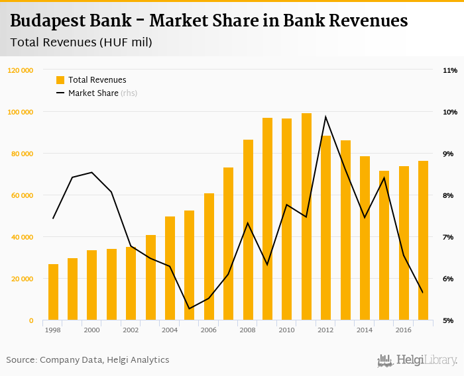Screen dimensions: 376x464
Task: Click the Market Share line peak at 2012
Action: (x=325, y=117)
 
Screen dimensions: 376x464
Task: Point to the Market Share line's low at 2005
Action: (x=190, y=308)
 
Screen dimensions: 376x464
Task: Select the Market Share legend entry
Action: (x=95, y=93)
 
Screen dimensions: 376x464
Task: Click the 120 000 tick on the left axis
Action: (x=21, y=70)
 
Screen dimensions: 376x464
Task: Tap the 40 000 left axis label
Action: (x=22, y=237)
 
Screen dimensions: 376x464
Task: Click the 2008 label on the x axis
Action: (x=248, y=330)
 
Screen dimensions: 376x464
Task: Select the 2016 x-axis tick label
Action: (x=403, y=330)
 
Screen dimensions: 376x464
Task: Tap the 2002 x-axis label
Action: (x=131, y=330)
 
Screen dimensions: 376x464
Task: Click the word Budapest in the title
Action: (x=51, y=21)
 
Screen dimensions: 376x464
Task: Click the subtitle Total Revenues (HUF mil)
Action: (x=81, y=43)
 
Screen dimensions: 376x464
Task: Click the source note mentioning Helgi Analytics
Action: (x=87, y=360)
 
